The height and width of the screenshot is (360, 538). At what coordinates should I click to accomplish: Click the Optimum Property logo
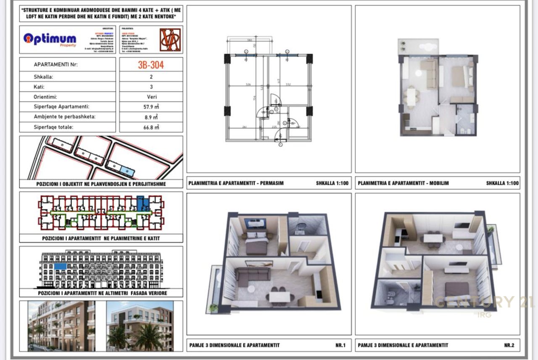(x=50, y=40)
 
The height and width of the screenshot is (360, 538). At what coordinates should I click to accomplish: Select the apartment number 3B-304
(x=151, y=65)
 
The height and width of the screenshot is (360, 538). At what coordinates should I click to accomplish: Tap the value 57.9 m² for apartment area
(x=151, y=107)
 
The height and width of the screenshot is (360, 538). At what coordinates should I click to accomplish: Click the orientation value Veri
(x=151, y=97)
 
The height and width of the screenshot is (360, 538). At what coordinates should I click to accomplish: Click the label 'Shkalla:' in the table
(x=43, y=77)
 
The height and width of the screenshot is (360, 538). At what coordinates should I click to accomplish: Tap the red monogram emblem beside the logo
(x=170, y=40)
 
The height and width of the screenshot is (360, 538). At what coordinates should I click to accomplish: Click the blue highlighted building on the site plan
(x=127, y=169)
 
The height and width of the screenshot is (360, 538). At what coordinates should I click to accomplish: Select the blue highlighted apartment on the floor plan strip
(x=143, y=204)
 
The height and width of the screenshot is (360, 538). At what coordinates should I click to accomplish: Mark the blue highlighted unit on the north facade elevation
(x=61, y=266)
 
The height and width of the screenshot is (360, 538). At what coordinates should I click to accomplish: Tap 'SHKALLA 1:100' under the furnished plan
(x=502, y=183)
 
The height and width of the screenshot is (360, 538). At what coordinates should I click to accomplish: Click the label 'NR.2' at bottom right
(x=509, y=345)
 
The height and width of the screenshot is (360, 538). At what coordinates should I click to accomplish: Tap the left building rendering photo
(x=61, y=326)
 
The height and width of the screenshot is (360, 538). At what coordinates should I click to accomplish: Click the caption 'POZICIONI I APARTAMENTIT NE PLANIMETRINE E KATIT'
(x=101, y=238)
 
